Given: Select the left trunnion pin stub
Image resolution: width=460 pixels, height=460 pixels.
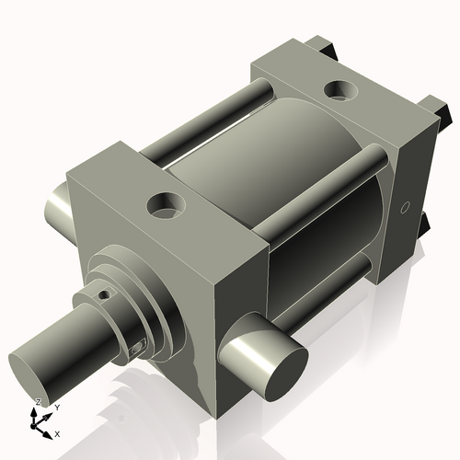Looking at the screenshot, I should [57, 213].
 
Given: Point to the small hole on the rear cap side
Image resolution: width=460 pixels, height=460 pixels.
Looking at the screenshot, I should [402, 208].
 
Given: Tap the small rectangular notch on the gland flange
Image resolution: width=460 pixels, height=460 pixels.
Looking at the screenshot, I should [140, 348].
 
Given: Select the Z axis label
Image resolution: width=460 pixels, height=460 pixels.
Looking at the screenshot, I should [37, 402].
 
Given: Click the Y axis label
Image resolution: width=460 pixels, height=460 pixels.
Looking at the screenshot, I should [56, 407].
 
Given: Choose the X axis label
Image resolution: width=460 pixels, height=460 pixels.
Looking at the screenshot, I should [57, 432].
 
